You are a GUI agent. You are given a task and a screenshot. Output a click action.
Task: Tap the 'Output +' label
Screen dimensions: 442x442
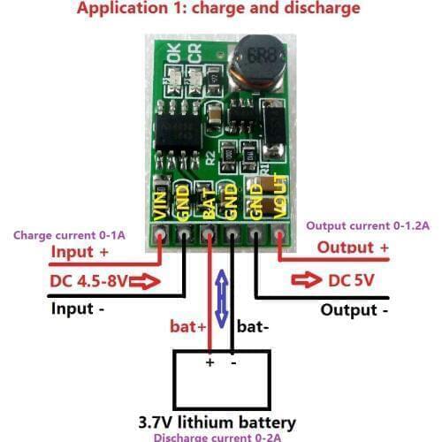point(353,248)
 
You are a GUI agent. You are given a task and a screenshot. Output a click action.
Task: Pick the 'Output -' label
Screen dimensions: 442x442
point(354,310)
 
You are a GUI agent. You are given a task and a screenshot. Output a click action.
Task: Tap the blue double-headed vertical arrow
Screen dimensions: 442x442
point(222,300)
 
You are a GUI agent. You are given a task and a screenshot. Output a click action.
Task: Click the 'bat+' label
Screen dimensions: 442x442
point(187,328)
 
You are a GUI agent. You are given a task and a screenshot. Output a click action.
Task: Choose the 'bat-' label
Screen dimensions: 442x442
point(254,328)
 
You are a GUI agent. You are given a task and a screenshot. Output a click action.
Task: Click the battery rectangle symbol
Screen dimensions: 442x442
point(221,380)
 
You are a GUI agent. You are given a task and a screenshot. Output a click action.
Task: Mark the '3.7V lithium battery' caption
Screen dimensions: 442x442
point(217,422)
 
